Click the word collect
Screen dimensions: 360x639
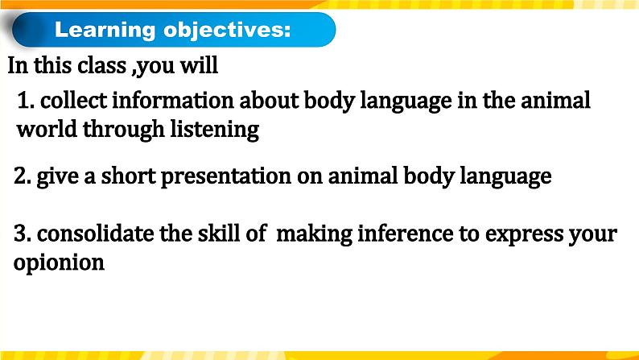click(72, 101)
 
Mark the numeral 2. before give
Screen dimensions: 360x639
click(23, 176)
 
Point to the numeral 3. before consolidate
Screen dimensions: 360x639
click(23, 234)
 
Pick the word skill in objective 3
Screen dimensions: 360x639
click(219, 234)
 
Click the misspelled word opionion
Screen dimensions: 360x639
click(60, 263)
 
